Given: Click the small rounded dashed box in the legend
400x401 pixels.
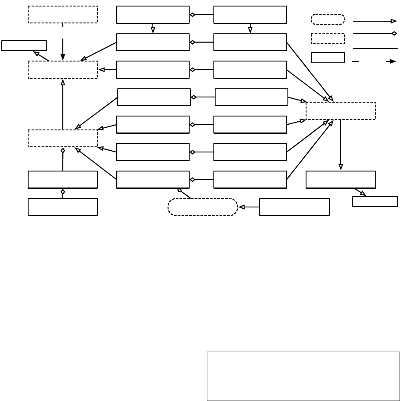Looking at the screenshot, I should [x=328, y=19].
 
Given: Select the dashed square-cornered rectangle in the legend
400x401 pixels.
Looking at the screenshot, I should [x=328, y=39].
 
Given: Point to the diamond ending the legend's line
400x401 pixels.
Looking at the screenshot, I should [x=394, y=33].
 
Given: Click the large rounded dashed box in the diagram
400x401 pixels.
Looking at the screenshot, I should [x=203, y=207].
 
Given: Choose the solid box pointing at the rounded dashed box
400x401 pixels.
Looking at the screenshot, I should [x=294, y=207].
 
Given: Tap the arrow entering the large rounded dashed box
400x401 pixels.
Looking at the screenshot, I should [x=249, y=207].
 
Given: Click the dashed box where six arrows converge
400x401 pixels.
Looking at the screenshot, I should [x=341, y=111].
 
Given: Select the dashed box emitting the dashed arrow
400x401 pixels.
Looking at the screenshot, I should [x=63, y=14].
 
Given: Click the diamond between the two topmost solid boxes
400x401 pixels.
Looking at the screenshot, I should [x=192, y=15].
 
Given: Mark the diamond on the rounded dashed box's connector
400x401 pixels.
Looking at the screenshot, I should [x=180, y=190].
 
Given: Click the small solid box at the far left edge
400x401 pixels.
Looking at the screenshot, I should [x=24, y=45].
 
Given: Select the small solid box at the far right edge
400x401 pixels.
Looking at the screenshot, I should [x=374, y=201].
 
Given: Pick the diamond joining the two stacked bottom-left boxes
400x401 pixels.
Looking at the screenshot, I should [x=63, y=191].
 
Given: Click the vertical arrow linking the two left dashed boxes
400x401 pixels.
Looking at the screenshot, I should [x=63, y=104].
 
